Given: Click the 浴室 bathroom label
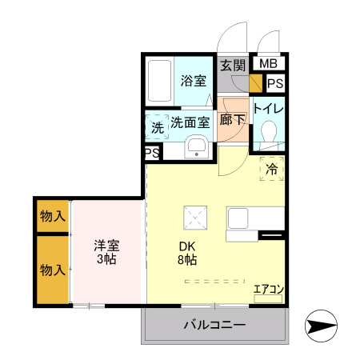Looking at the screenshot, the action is pos(194,81).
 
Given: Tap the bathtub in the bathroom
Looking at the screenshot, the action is pos(160,81).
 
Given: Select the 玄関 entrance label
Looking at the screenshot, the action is pos(233,66).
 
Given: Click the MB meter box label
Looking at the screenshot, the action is pos(268,64).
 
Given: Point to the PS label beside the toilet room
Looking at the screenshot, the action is pos(275,83).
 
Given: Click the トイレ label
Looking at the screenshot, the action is pos(268,109).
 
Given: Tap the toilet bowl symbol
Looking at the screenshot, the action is pos(269,131).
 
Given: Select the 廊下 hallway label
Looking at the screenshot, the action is pos(232,120).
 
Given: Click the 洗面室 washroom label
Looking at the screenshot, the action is pos(190,122).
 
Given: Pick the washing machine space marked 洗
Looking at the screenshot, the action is pos(157,127).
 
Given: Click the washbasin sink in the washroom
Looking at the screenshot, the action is pos(197,147).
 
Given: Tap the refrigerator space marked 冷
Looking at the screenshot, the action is pos(272,169).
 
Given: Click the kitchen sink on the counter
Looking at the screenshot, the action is pos(238,218).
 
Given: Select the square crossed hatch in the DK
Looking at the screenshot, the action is pos(195,218).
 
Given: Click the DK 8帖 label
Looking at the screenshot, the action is pos(187,253).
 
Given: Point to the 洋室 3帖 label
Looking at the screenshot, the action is pos(106,252).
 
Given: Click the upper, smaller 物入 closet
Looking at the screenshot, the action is pos(53,216).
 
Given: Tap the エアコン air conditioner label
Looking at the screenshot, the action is pos(269,290).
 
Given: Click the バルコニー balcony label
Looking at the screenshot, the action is pos(214,325).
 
